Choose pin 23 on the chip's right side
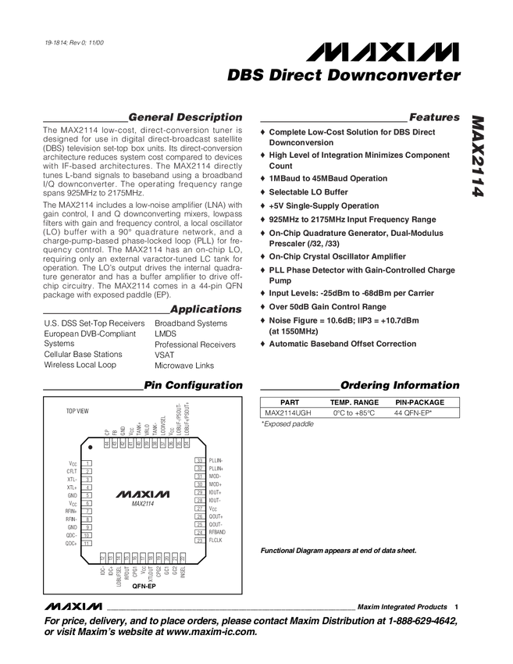[200, 540]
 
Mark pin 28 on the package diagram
[200, 501]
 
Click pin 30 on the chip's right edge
[200, 485]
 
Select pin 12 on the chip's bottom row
[103, 558]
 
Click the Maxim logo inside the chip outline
[142, 494]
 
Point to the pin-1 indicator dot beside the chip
[91, 447]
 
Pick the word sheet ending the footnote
[408, 550]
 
